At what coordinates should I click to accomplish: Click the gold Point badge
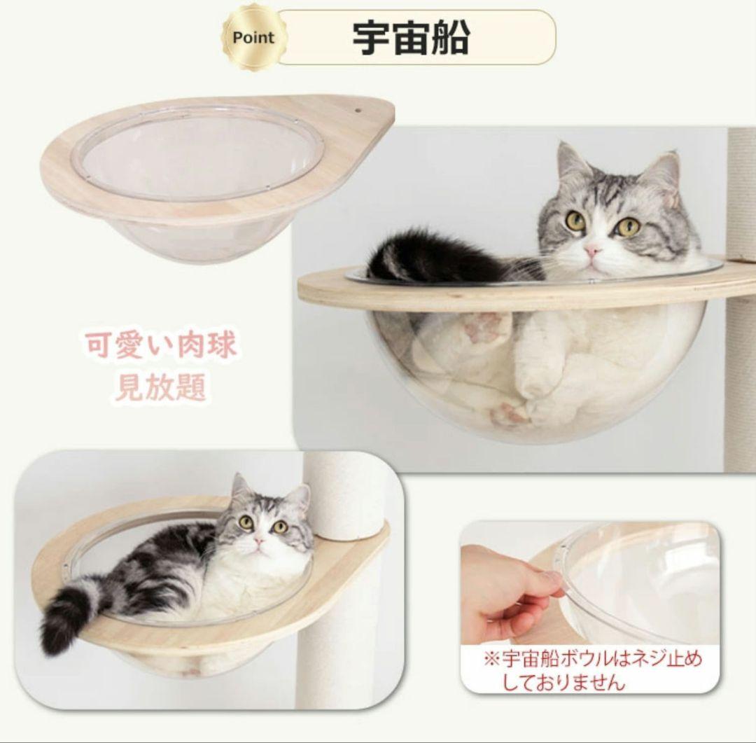tap(253, 38)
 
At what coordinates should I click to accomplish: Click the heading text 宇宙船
tap(410, 38)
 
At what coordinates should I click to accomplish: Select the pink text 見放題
tap(160, 387)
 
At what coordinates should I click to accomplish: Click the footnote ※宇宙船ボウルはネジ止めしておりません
tap(591, 670)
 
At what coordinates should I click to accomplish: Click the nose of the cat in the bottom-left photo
tap(260, 541)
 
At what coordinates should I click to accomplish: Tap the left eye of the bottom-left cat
tap(246, 522)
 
